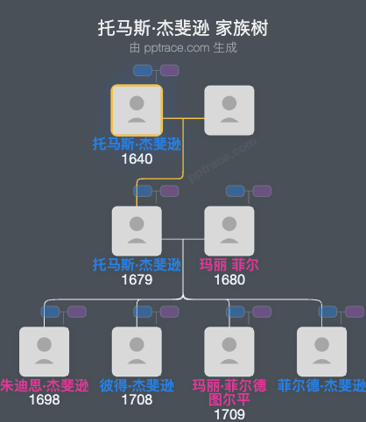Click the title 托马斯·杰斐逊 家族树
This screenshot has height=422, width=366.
(x=183, y=29)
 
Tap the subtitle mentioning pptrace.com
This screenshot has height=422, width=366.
(x=183, y=48)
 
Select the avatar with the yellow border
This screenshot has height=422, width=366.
(x=137, y=110)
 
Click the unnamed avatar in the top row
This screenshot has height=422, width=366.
(x=229, y=110)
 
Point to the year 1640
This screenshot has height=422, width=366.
(x=137, y=158)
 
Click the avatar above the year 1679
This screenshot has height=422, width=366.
(x=137, y=231)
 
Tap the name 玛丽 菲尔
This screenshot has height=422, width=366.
(x=229, y=264)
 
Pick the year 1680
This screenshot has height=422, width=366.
(x=229, y=279)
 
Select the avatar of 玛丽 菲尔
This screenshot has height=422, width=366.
(x=229, y=231)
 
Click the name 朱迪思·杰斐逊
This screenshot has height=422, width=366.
(x=45, y=385)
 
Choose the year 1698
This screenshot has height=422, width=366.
(x=44, y=399)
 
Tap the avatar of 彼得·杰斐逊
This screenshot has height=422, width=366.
(x=137, y=351)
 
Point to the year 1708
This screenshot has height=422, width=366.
(x=137, y=399)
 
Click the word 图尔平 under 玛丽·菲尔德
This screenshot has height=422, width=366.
(x=229, y=399)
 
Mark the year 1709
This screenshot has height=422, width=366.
(x=229, y=413)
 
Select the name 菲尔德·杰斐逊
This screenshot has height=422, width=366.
(x=320, y=385)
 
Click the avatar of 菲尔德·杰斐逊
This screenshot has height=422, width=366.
(x=321, y=351)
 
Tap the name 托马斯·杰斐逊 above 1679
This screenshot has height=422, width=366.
(x=137, y=264)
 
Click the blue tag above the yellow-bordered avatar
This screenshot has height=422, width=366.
(x=143, y=70)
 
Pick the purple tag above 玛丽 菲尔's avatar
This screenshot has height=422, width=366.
(x=262, y=191)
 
